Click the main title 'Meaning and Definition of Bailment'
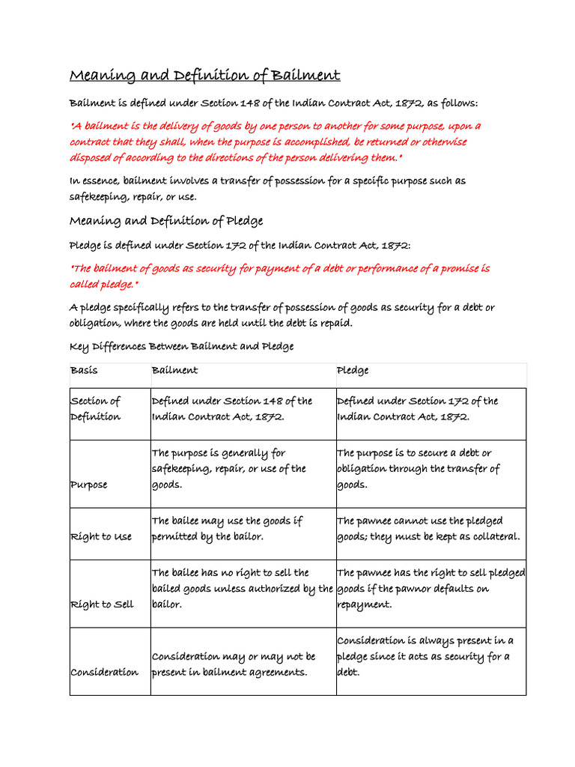pyautogui.click(x=204, y=76)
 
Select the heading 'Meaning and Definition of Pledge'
pyautogui.click(x=166, y=221)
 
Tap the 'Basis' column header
pyautogui.click(x=84, y=370)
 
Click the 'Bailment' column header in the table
pyautogui.click(x=174, y=370)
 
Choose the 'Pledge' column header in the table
pyautogui.click(x=353, y=370)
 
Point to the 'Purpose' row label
pyautogui.click(x=88, y=485)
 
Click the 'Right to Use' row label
pyautogui.click(x=100, y=537)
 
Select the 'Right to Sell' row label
pyautogui.click(x=101, y=604)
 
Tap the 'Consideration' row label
pyautogui.click(x=104, y=672)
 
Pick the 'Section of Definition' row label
pyautogui.click(x=95, y=409)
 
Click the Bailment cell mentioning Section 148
pyautogui.click(x=231, y=409)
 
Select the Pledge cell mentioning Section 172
pyautogui.click(x=417, y=409)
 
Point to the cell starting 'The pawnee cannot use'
pyautogui.click(x=428, y=529)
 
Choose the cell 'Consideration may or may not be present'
pyautogui.click(x=234, y=664)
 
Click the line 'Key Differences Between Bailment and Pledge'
pyautogui.click(x=181, y=346)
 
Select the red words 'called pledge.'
pyautogui.click(x=104, y=285)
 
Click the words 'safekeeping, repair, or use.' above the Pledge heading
pyautogui.click(x=133, y=197)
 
